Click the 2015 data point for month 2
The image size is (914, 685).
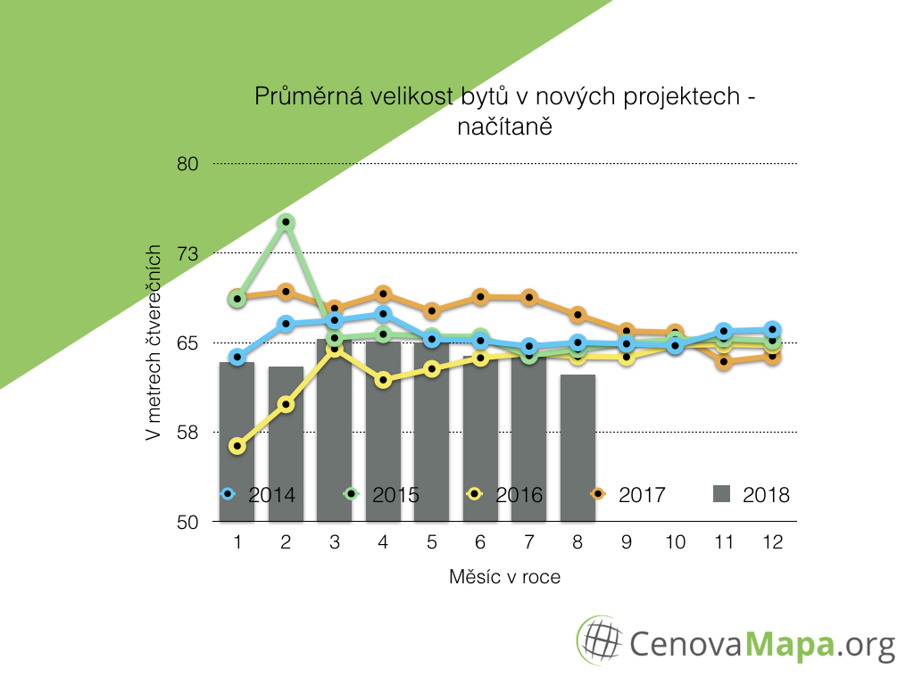286,222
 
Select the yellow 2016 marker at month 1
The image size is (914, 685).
237,445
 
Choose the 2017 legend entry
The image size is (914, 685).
628,494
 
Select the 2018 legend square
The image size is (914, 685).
724,493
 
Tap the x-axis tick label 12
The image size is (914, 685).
772,542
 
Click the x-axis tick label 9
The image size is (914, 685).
627,542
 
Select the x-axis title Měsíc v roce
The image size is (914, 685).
504,577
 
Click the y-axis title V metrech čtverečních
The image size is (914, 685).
154,342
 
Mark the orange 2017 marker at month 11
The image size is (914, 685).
724,362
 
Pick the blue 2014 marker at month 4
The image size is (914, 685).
383,314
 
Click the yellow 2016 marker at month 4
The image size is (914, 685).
383,380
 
